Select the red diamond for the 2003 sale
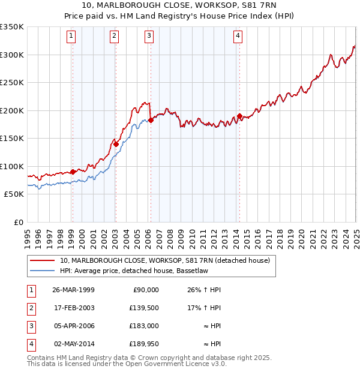click(x=116, y=143)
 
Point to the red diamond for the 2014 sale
click(x=239, y=116)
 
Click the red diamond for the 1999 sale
click(x=73, y=172)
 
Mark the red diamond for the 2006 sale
click(x=151, y=120)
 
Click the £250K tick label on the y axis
click(x=12, y=83)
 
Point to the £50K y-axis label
click(x=14, y=194)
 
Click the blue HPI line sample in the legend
click(x=42, y=271)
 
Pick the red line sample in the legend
click(x=42, y=260)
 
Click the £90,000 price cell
click(x=145, y=289)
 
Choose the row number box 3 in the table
click(x=30, y=326)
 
